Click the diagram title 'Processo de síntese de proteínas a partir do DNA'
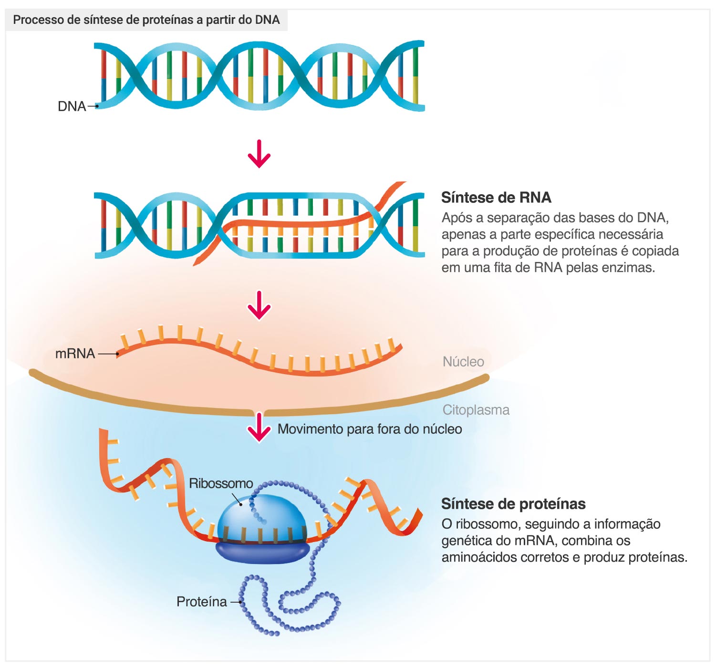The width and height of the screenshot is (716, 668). tap(146, 20)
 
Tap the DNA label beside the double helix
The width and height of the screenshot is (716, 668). tap(72, 106)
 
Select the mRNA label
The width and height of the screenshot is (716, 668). tap(75, 354)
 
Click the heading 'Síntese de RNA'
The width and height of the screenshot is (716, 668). tap(496, 197)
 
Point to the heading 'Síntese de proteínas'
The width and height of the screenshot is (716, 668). tap(513, 504)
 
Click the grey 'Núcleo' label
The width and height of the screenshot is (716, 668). tap(463, 361)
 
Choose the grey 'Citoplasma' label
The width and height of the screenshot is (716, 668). tap(476, 410)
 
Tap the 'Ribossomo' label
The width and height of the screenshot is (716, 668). tap(221, 483)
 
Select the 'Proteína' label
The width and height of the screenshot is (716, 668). tap(201, 602)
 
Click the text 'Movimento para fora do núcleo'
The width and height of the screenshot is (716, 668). tap(370, 429)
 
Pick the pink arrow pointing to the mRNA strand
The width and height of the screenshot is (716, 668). tap(259, 305)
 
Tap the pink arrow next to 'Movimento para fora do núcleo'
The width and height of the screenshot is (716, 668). tap(259, 428)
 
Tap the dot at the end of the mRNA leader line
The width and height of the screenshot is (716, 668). tap(117, 354)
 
